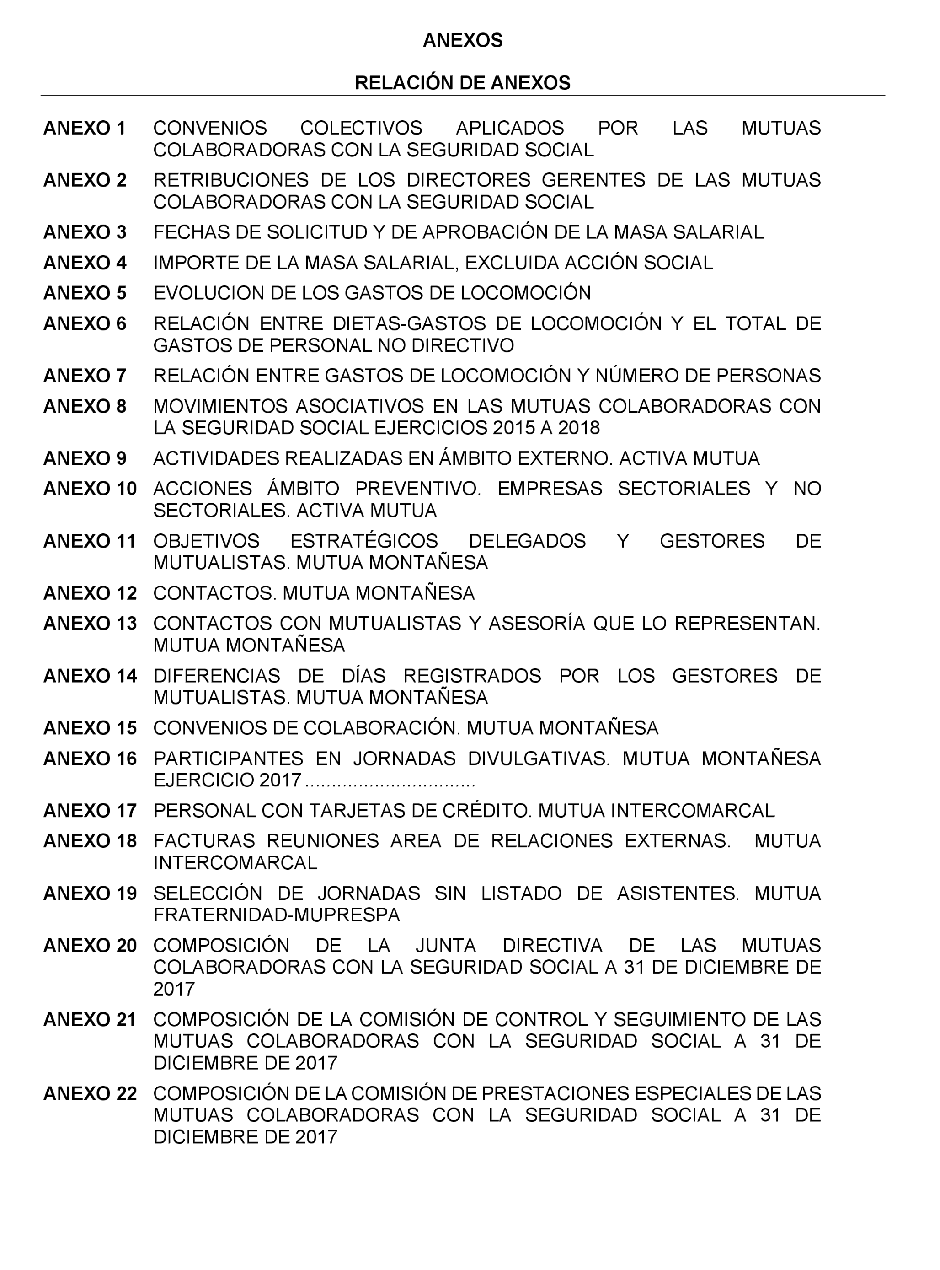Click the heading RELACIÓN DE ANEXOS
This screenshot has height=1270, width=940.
pos(462,83)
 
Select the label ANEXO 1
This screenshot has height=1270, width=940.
pos(84,128)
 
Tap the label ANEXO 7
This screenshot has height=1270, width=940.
pos(84,376)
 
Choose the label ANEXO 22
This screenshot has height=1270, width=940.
pos(90,1093)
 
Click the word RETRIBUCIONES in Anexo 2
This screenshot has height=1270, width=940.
pos(230,180)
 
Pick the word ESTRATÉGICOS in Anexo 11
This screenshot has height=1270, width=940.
pos(364,541)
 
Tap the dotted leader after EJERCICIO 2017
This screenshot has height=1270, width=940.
pos(390,781)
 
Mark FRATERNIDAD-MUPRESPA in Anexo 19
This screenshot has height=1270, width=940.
pos(277,915)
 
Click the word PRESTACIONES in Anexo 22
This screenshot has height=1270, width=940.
pos(555,1093)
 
